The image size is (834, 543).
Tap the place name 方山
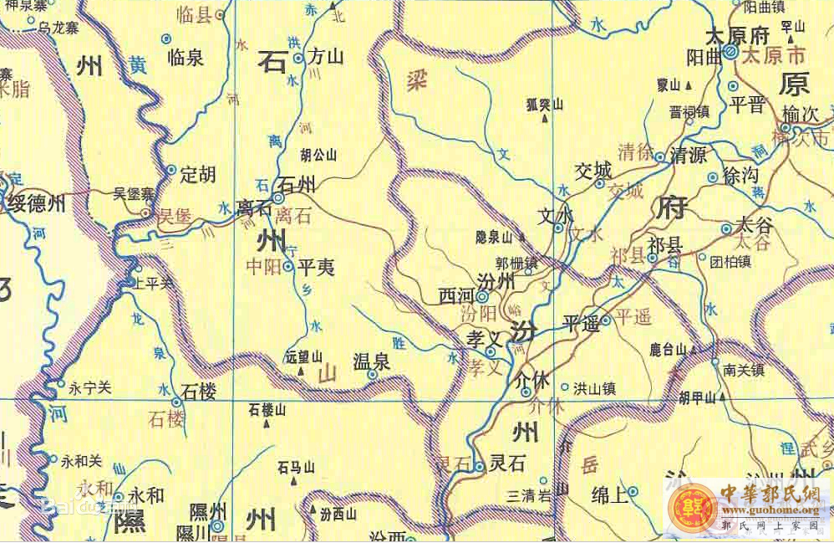click(x=327, y=57)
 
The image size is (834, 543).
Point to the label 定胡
click(x=198, y=174)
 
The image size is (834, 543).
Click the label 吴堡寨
click(x=135, y=193)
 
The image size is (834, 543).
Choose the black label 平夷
click(x=316, y=268)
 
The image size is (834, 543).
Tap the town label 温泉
click(x=371, y=361)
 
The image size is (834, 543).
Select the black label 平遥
click(x=581, y=323)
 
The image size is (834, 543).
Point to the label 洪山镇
click(x=594, y=388)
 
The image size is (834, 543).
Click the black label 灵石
click(x=506, y=462)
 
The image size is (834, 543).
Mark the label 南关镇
click(x=744, y=368)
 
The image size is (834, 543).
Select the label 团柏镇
click(x=730, y=261)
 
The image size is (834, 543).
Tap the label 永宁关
click(x=89, y=388)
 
